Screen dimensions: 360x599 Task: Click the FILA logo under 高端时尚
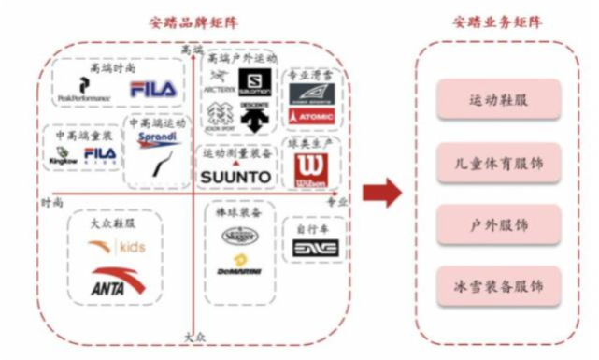(x=152, y=90)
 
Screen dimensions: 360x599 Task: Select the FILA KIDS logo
(x=100, y=154)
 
